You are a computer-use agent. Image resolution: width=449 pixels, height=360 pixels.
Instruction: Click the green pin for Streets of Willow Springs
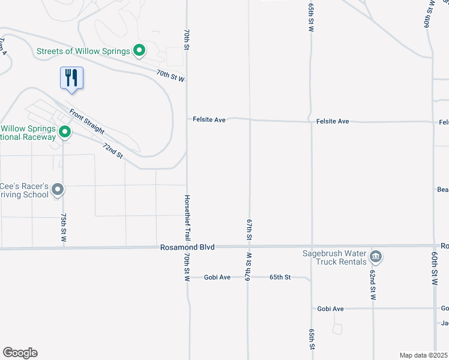point(139,51)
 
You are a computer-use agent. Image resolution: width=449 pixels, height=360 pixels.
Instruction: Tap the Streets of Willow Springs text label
point(84,51)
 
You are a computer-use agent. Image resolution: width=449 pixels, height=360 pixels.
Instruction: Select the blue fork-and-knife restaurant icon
point(71,78)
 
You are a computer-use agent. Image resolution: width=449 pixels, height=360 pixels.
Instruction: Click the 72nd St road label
point(112,151)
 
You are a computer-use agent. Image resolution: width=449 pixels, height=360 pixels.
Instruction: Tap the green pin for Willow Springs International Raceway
point(65,132)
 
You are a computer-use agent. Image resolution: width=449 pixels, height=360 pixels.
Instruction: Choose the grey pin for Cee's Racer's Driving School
point(58,190)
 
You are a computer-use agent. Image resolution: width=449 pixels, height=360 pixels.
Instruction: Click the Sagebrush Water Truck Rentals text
point(334,257)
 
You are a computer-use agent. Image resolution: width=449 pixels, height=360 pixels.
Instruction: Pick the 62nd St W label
point(373,284)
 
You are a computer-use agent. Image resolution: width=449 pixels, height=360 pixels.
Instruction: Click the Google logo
point(20,353)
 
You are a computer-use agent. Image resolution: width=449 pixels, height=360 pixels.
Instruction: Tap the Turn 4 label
point(4,47)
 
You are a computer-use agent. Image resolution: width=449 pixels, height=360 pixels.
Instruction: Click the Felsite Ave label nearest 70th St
point(209,120)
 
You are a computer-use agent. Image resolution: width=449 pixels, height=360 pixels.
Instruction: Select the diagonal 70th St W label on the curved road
point(170,76)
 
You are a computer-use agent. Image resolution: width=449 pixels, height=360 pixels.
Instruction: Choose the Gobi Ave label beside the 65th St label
point(217,277)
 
